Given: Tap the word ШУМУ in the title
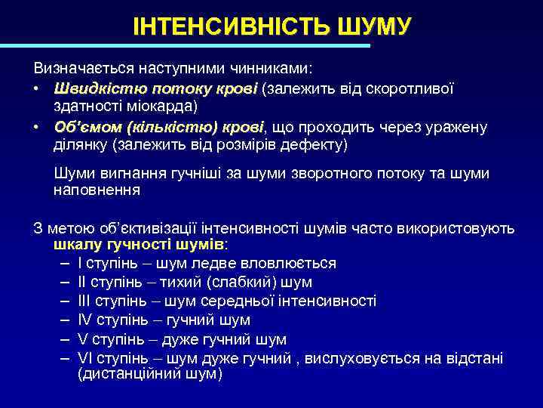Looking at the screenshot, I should pos(370,26).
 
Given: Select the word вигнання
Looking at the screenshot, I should pos(126,174).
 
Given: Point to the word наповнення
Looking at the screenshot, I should pos(97,191).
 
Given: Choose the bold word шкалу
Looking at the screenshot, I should pos(75,246).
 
